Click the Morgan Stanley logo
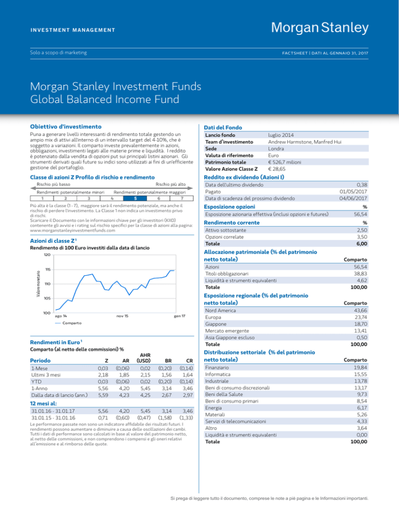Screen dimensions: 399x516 320,28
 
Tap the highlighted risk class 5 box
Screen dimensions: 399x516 135,198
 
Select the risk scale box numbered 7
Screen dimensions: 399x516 181,198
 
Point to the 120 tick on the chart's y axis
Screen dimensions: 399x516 47,255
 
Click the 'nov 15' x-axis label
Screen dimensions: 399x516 122,316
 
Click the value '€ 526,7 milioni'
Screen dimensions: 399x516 285,162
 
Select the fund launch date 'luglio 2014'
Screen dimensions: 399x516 281,135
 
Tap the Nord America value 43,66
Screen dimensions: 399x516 361,310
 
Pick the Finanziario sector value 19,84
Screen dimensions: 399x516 361,368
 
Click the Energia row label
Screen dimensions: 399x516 214,408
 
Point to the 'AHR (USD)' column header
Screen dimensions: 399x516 144,358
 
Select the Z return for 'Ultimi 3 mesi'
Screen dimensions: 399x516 103,375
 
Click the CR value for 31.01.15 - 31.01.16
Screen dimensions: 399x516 186,418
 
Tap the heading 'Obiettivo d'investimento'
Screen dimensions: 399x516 65,127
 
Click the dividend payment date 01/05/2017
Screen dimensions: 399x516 353,192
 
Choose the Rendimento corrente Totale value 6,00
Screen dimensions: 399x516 362,244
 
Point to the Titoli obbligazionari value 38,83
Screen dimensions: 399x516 361,274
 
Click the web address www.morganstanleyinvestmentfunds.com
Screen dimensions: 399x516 73,230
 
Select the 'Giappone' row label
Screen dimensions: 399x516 216,324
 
